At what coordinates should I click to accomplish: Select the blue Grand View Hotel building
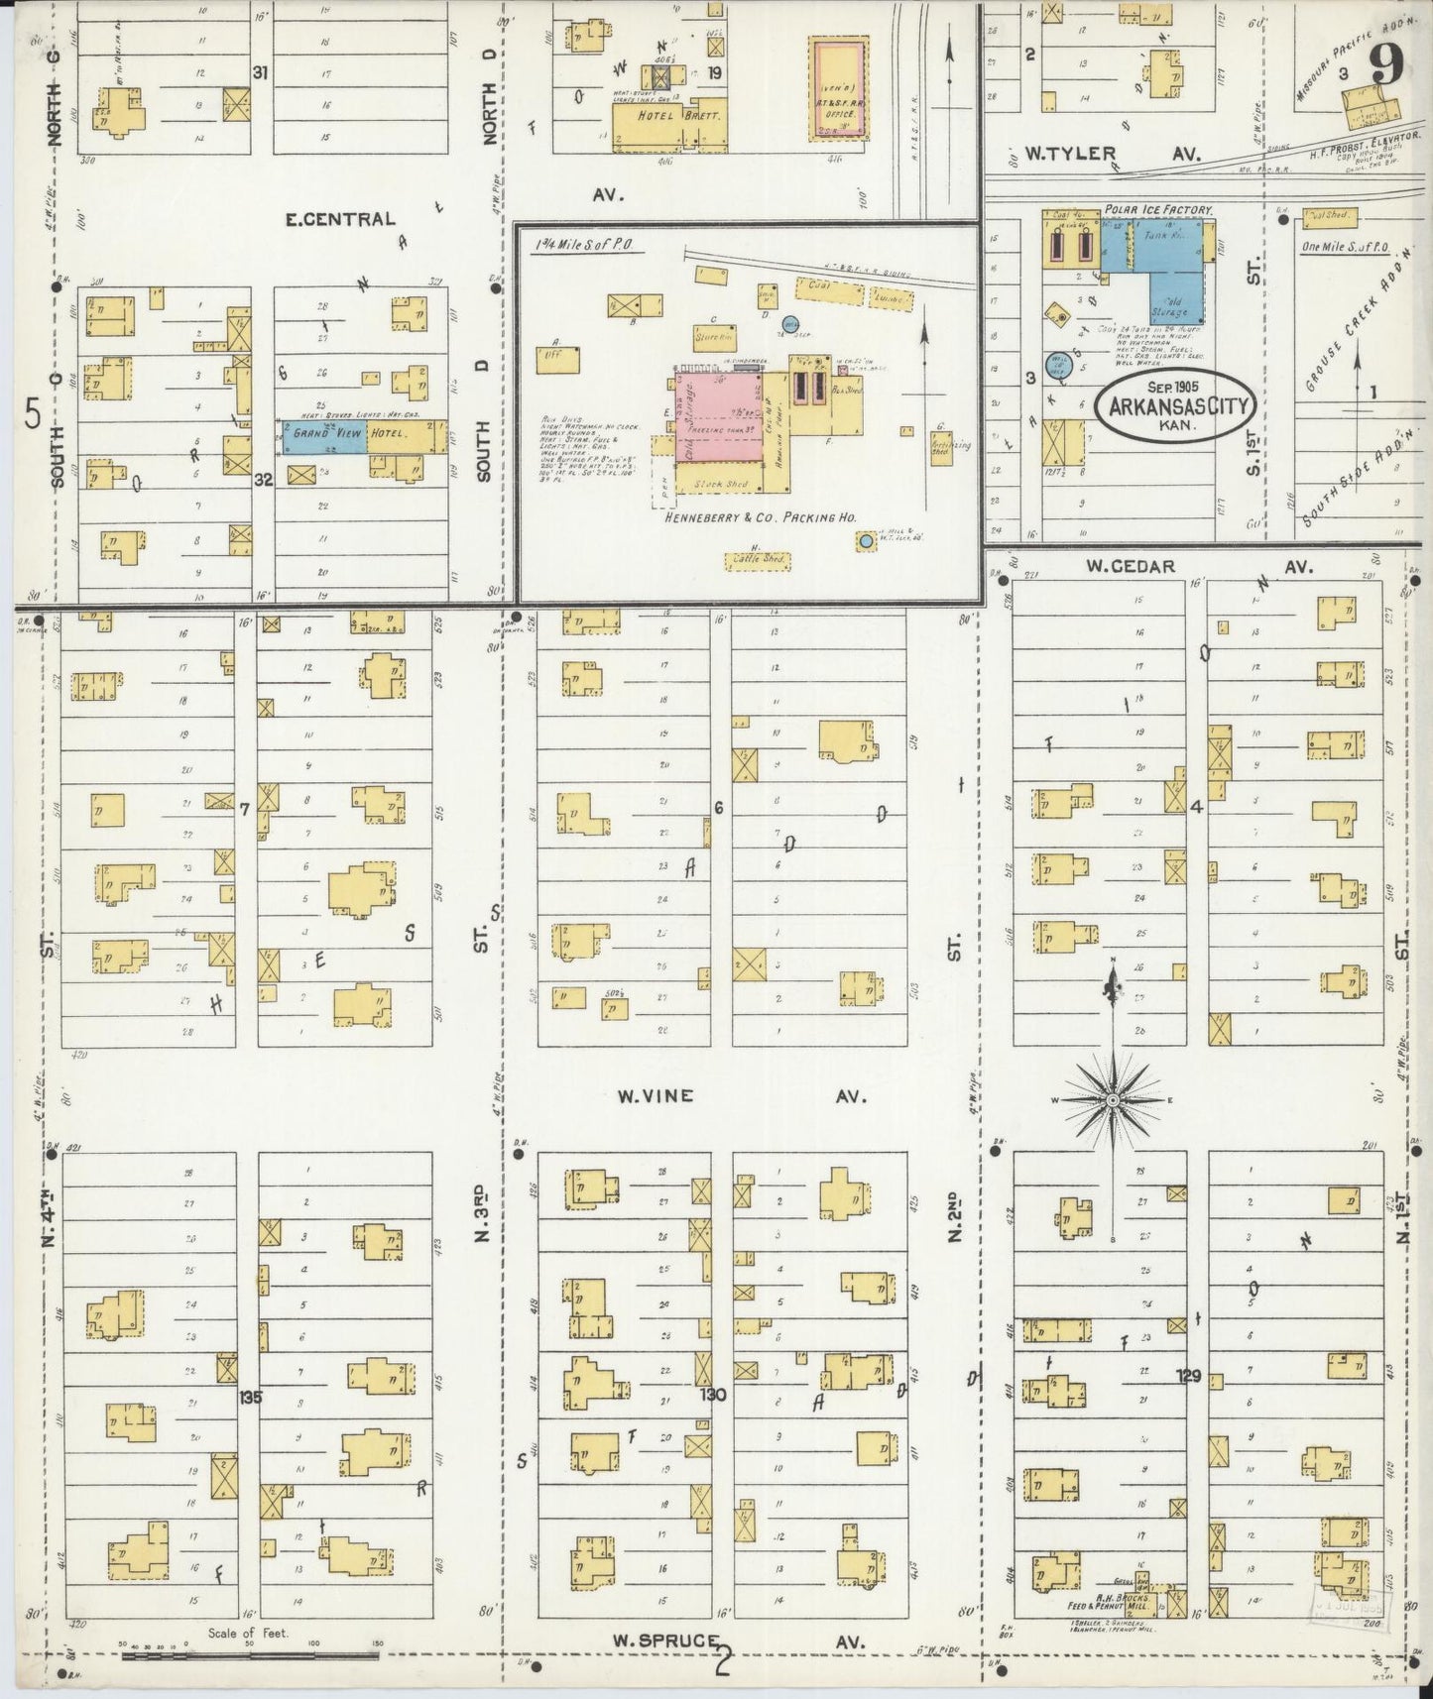pos(325,435)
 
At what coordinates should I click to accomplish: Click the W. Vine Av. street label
pos(655,1096)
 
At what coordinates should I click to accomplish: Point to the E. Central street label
pos(340,219)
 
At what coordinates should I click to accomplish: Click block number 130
pos(713,1395)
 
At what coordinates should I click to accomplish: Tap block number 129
pos(1189,1376)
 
